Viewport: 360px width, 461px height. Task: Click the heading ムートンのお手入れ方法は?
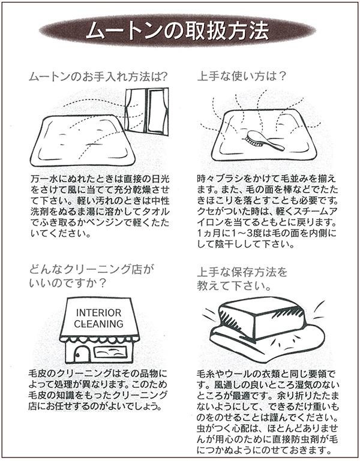[98, 77]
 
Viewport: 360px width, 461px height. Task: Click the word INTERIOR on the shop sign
[98, 313]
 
